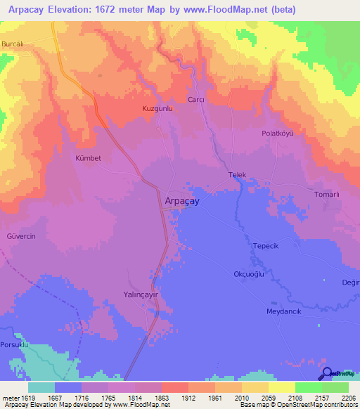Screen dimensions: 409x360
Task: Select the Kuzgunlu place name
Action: coord(157,109)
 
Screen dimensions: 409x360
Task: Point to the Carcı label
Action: coord(195,100)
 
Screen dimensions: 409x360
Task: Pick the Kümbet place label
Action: coord(89,158)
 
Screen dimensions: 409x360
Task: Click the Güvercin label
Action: coord(21,236)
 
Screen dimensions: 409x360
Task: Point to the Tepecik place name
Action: coord(266,247)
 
